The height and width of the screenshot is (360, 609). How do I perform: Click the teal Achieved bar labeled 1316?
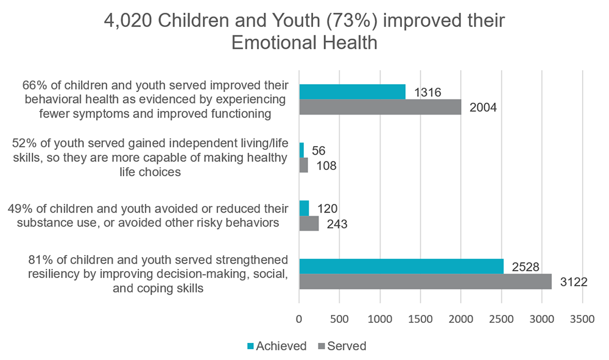coord(352,91)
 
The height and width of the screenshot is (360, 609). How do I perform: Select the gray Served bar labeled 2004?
coord(380,107)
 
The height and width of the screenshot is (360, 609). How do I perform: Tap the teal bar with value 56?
coord(301,150)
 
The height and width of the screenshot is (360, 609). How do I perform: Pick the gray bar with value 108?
coord(304,165)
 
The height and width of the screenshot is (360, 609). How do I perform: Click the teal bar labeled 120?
coord(304,208)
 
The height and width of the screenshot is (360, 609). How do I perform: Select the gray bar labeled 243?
coord(309,224)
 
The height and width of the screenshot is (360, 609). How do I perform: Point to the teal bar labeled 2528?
coord(401,266)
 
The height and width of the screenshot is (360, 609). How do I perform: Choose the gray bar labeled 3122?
coord(426,281)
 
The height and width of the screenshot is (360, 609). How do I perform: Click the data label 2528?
coord(526,267)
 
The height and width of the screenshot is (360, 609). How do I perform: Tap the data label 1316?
coord(428,93)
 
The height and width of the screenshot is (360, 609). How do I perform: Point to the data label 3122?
coord(574,282)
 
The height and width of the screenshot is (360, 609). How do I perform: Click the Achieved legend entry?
coord(276,346)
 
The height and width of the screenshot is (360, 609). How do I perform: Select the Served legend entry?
coord(342,346)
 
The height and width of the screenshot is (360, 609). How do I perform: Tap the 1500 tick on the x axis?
coord(421,319)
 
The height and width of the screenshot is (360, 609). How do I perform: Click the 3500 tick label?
coord(582,319)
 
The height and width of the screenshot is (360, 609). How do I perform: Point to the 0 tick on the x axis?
coord(299,319)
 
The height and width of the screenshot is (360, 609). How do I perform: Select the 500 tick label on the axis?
coord(339,319)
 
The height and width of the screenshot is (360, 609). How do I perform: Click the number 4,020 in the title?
coord(128,21)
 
